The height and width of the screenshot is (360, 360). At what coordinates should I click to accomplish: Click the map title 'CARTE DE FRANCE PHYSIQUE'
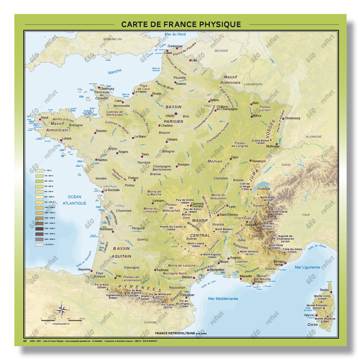pos(181,24)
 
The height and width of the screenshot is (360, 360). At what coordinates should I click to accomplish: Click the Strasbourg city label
pos(292,118)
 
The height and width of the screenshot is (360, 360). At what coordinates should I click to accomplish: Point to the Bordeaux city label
pos(105,229)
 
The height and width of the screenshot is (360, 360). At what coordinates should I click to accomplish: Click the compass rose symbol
pos(62,308)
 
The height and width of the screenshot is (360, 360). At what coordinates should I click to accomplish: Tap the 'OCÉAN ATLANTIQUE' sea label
pos(74,200)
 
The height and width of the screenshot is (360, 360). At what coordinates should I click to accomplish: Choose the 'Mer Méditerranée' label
pos(223,298)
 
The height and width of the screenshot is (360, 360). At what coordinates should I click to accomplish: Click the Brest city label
pos(44,118)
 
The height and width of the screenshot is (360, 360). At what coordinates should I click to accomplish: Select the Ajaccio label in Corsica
pos(309,315)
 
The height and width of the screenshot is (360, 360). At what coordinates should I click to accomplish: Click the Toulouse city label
pos(162,270)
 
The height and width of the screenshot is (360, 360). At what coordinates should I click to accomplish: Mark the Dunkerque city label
pos(175,46)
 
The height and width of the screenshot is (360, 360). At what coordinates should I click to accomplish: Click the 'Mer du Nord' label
pos(176,35)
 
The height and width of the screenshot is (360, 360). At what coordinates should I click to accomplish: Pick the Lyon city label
pos(232,207)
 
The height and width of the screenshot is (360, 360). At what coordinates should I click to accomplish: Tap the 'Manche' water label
pos(114,72)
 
